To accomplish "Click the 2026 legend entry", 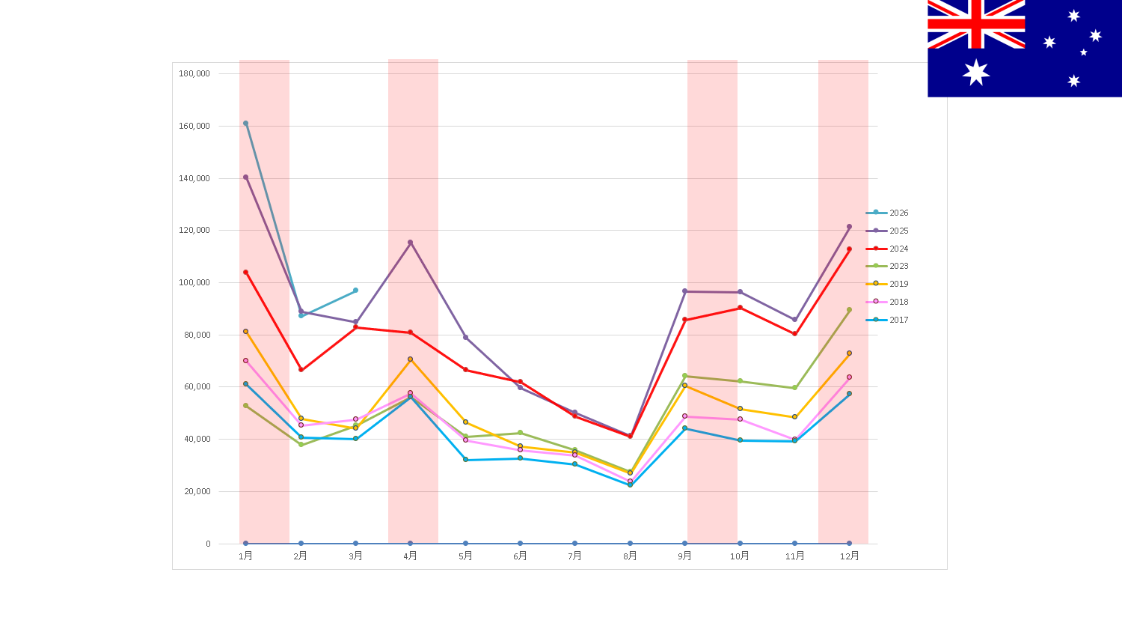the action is click(x=887, y=213).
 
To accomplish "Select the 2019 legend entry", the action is click(x=887, y=284).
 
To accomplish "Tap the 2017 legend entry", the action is click(x=887, y=320).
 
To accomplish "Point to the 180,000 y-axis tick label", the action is click(x=194, y=73).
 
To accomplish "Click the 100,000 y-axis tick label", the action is click(x=194, y=282).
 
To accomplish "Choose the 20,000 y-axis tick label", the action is click(x=197, y=491).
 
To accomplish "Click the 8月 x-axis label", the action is click(x=630, y=556).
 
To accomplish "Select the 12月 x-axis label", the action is click(x=850, y=556).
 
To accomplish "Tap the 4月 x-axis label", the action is click(x=410, y=556).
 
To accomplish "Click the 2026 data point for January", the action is click(x=245, y=124).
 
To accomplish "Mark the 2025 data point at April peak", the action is click(x=410, y=243).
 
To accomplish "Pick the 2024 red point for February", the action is click(x=301, y=370).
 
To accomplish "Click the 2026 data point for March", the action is click(x=355, y=291).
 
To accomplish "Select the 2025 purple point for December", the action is click(x=849, y=227).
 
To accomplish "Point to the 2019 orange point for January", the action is click(x=245, y=332).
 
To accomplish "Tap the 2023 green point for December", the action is click(x=849, y=310).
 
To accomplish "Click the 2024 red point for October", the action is click(x=740, y=308).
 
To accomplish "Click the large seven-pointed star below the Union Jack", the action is click(x=976, y=73).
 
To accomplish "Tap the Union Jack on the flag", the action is click(x=976, y=24).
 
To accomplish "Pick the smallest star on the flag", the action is click(x=1083, y=52).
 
